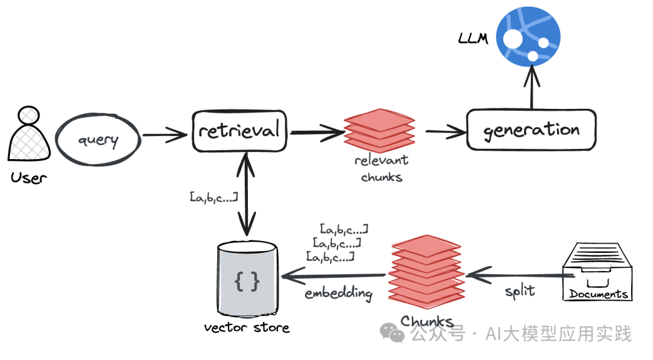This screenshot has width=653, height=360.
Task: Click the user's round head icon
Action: [28, 116]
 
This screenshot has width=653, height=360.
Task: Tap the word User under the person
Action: [28, 178]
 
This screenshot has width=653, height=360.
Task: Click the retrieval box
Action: [240, 131]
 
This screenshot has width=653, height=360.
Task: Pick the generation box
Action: [531, 129]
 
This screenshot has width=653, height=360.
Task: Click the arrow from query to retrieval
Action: [164, 134]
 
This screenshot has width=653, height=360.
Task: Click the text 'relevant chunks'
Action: [381, 169]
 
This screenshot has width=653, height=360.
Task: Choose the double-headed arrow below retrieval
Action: [245, 194]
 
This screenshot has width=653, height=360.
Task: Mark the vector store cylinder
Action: [247, 280]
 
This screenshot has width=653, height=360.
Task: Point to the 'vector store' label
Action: [247, 328]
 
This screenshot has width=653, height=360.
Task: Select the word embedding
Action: [338, 293]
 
